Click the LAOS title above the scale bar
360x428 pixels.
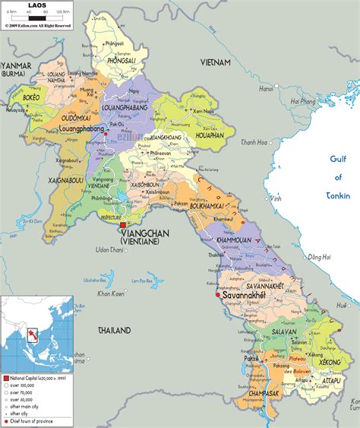(36, 6)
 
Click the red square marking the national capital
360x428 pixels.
(123, 224)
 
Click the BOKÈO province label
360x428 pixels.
(31, 98)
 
